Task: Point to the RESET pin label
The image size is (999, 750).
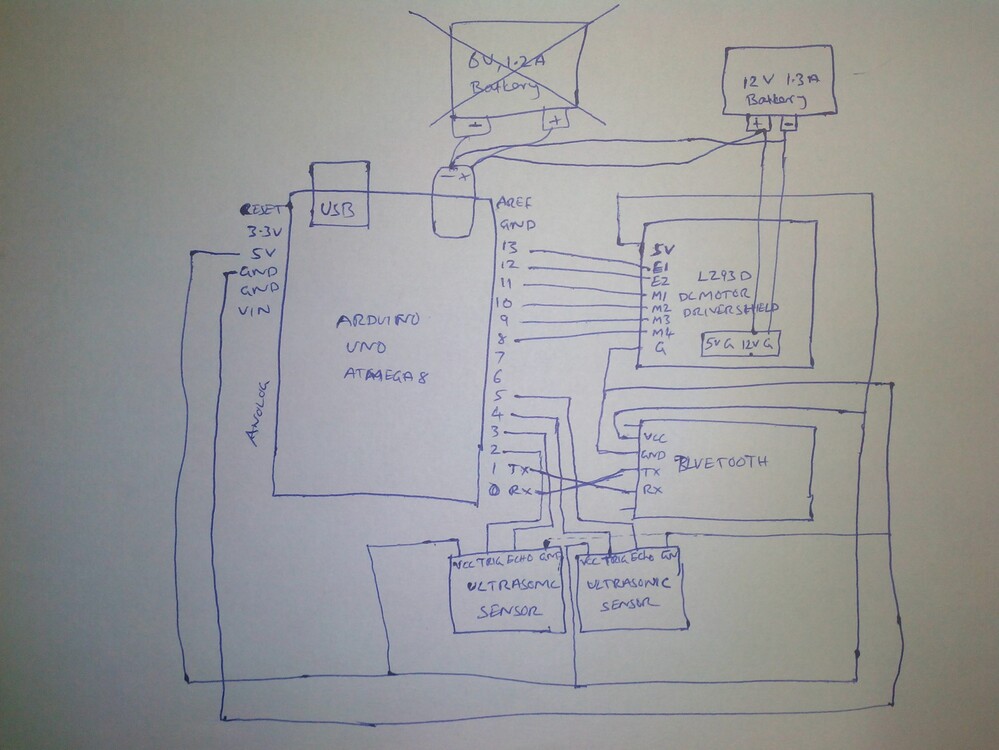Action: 264,210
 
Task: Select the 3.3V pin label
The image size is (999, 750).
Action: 266,231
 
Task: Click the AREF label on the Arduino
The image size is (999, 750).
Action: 514,202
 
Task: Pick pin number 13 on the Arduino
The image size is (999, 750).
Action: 512,247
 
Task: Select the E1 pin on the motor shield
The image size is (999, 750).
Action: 658,267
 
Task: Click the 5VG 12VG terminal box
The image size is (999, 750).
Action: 740,344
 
